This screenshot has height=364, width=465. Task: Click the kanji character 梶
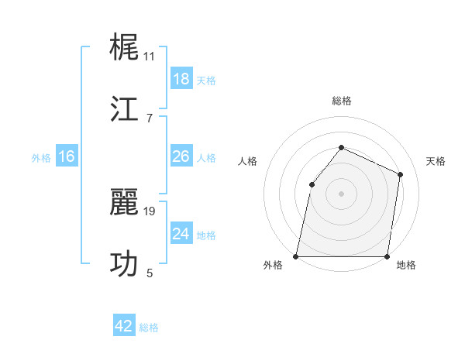126,47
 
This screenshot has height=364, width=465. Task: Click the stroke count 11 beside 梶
150,56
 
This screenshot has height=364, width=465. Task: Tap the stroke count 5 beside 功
150,273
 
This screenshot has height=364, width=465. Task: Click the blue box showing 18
181,79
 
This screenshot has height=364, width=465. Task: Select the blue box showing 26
181,156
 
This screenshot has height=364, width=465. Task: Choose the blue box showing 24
181,234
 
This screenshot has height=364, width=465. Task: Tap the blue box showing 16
67,156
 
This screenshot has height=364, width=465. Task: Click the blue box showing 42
124,326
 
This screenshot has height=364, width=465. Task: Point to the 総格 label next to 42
149,328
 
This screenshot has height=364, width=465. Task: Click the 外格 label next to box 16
41,158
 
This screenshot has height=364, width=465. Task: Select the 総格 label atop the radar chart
342,101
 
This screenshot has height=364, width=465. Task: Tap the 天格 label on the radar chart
436,161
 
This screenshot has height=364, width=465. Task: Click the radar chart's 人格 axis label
247,161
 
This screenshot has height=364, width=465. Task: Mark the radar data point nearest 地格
387,256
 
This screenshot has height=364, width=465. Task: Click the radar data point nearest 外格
296,256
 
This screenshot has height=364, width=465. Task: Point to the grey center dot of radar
342,193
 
